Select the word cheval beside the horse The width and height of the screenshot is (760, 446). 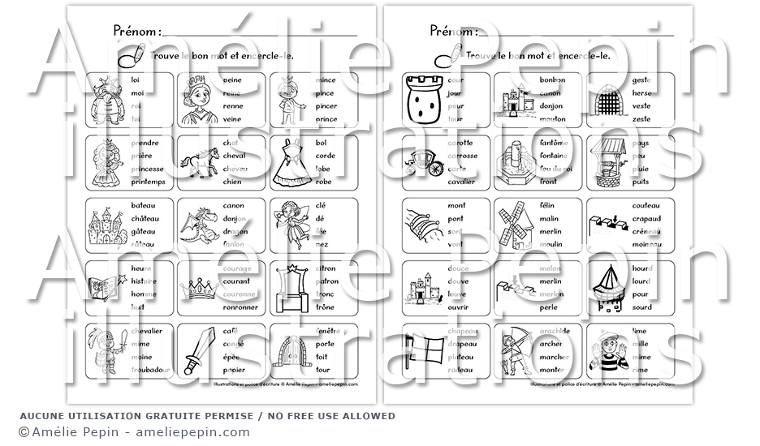click(236, 156)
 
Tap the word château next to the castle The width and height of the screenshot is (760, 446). click(144, 218)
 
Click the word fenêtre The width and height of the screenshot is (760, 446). click(329, 330)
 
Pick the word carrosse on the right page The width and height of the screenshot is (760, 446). click(463, 156)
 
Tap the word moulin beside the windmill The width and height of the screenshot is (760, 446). click(551, 244)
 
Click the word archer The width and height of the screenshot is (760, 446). click(551, 343)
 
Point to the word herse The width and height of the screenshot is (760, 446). click(642, 93)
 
